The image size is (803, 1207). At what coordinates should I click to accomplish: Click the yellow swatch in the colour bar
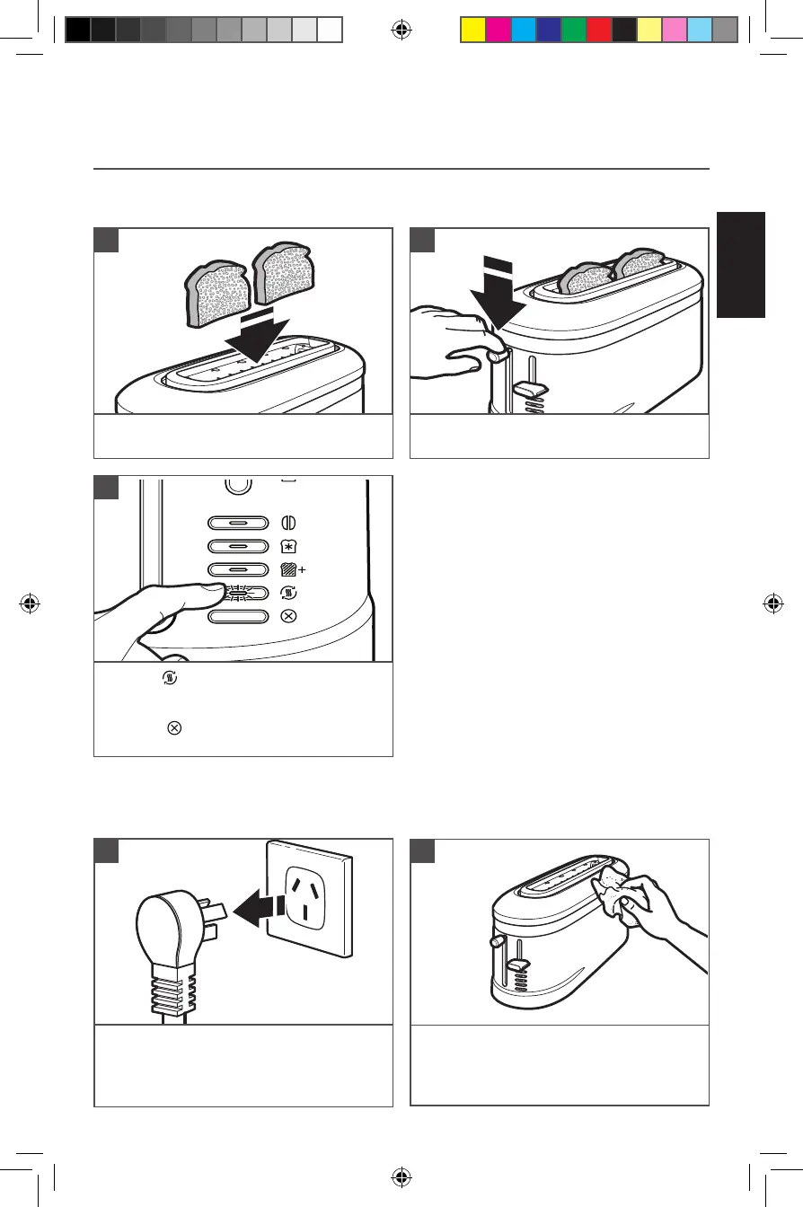coord(472,30)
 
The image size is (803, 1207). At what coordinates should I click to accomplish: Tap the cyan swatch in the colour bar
coord(523,30)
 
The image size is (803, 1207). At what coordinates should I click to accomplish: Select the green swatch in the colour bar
coord(573,30)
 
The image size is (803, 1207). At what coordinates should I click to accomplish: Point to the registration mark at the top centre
coord(401,30)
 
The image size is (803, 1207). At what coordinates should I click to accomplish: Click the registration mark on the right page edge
coord(772,603)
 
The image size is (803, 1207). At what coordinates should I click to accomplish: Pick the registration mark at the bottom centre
coord(401,1177)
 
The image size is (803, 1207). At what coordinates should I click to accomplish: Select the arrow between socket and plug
coord(260,911)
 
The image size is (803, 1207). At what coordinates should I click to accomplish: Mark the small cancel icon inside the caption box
coord(173,727)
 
